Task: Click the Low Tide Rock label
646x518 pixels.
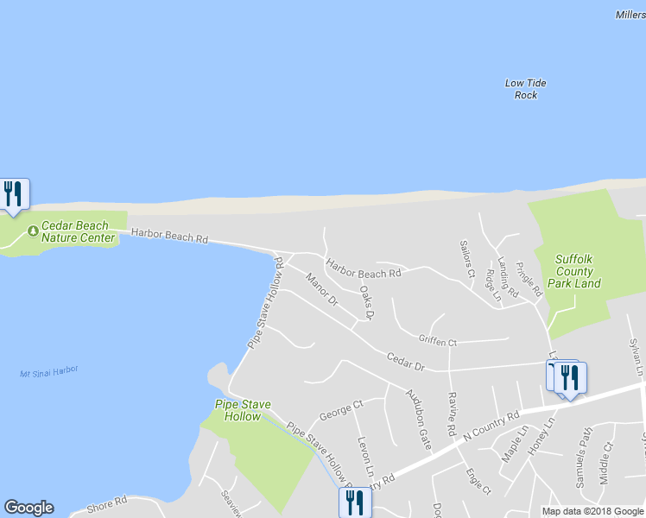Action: point(525,89)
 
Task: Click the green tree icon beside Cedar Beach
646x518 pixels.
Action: point(33,231)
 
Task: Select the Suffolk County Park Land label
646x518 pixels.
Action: point(567,270)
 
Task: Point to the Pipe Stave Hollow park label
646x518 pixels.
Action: point(237,410)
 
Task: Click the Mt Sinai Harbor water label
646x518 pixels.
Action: point(48,372)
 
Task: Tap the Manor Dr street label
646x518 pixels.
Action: point(321,289)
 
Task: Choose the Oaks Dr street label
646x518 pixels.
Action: point(366,303)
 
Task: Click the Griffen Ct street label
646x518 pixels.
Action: point(437,341)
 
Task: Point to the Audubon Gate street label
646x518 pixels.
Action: point(418,419)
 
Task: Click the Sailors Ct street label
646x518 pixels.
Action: point(467,261)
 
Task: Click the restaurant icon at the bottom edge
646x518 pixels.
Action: point(355,502)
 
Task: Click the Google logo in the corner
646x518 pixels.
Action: point(28,508)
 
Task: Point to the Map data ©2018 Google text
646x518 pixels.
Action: point(592,511)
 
